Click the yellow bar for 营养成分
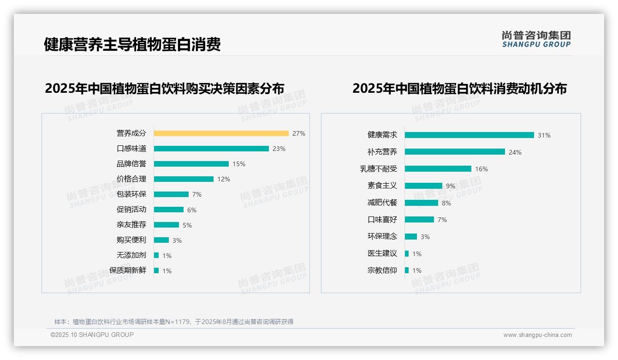click(221, 133)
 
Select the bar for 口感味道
click(211, 149)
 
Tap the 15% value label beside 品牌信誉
click(239, 164)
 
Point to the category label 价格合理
click(131, 179)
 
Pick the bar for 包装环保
click(171, 194)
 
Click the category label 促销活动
click(131, 210)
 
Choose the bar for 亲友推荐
click(166, 225)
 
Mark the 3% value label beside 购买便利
click(177, 240)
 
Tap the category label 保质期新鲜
click(128, 270)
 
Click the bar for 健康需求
click(469, 135)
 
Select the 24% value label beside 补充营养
click(515, 152)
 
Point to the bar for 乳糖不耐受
click(438, 169)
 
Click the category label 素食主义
click(382, 186)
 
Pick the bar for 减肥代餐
click(422, 203)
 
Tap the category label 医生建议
click(382, 253)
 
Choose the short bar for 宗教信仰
click(407, 270)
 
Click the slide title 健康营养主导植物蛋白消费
click(132, 44)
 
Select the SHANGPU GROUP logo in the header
click(536, 39)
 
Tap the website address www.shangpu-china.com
click(537, 335)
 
